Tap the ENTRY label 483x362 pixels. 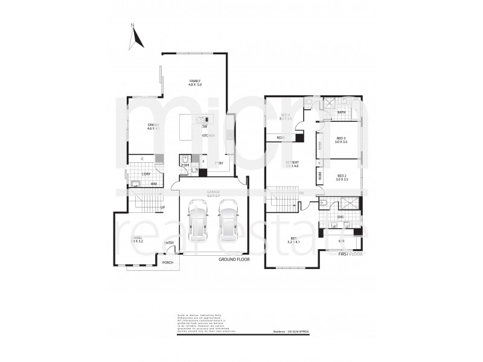point(169,243)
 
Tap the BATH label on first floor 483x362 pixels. point(341,112)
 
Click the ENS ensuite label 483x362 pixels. point(341,217)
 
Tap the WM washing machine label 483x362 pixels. point(153,183)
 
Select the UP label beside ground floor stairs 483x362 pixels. point(162,208)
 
